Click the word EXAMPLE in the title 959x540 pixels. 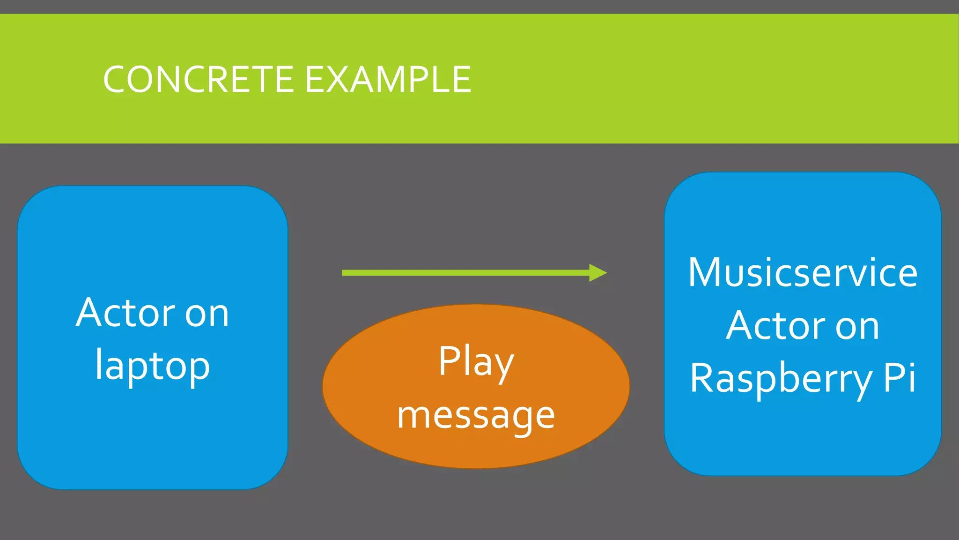pyautogui.click(x=388, y=80)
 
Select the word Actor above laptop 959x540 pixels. pyautogui.click(x=125, y=313)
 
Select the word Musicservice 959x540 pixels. pyautogui.click(x=802, y=273)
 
